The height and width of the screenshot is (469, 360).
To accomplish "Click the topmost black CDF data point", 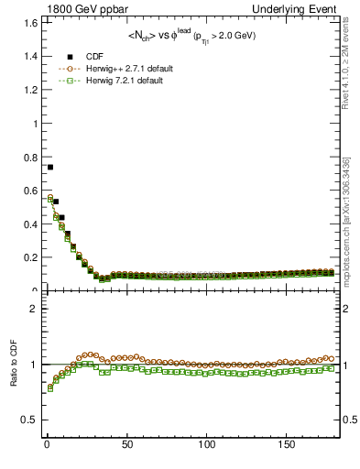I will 49,167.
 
